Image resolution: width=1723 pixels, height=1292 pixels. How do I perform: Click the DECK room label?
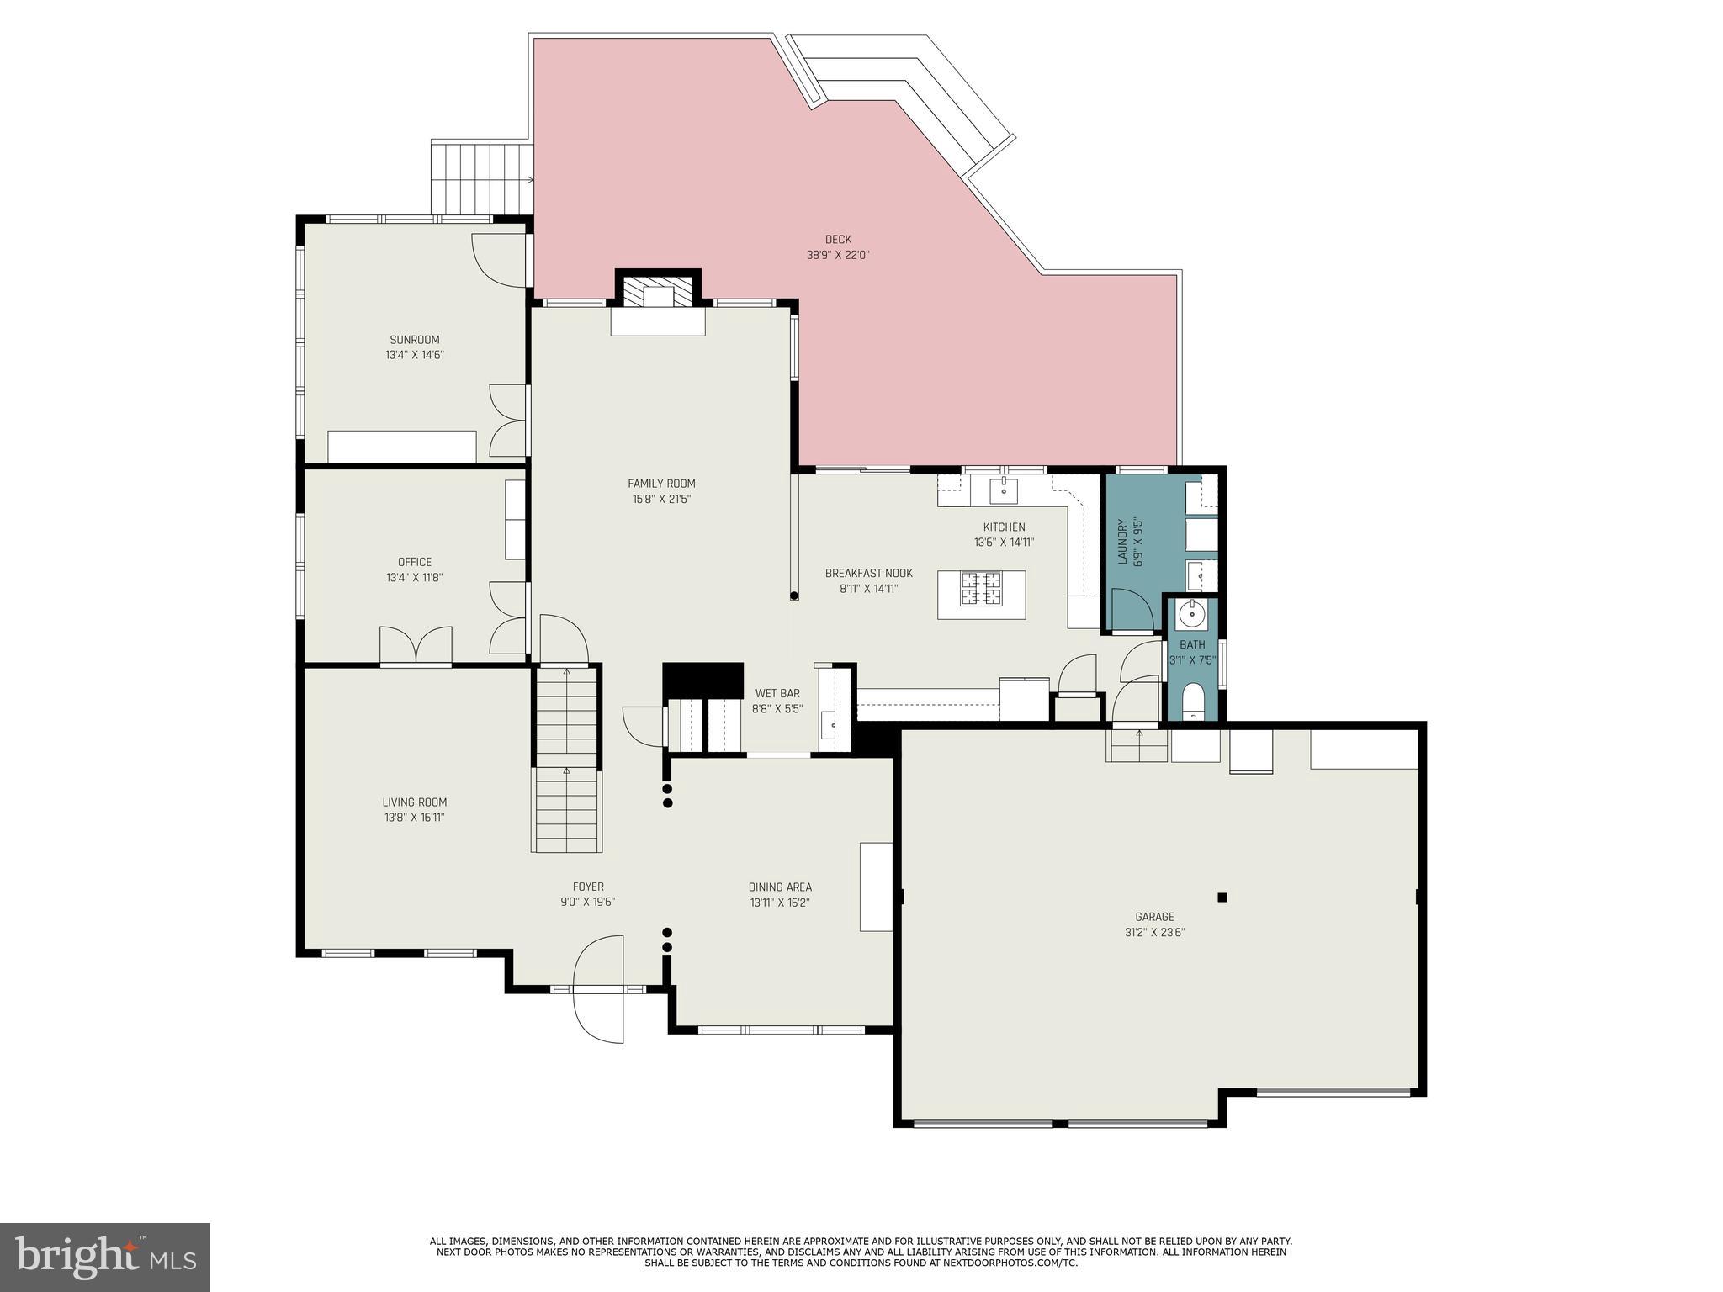[x=837, y=240]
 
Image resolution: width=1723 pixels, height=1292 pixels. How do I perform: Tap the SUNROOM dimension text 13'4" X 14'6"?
[x=414, y=355]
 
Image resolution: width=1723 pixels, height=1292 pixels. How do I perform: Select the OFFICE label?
[x=414, y=562]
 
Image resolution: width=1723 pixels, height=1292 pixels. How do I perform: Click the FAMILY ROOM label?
[x=661, y=483]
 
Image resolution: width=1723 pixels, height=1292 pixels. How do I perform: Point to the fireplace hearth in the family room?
[x=657, y=322]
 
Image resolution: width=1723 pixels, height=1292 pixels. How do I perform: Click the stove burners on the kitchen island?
[x=981, y=588]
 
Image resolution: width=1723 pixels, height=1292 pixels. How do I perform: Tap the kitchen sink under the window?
[x=1004, y=489]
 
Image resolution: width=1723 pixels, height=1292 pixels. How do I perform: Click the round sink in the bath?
[x=1191, y=614]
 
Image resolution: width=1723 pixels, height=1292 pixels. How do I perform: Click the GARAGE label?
[x=1154, y=917]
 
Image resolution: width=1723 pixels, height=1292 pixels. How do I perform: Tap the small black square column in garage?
[x=1222, y=898]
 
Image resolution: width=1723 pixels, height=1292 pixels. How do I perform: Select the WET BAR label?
[x=777, y=693]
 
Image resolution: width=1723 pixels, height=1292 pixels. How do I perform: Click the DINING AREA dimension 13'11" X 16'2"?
[x=780, y=903]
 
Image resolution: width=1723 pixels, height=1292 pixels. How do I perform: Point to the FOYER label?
[x=588, y=887]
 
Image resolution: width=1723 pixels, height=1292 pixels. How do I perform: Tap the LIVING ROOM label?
[x=414, y=802]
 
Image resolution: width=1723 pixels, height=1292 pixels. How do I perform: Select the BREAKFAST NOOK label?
[x=868, y=574]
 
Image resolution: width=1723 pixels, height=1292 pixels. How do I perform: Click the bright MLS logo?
[x=104, y=1256]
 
